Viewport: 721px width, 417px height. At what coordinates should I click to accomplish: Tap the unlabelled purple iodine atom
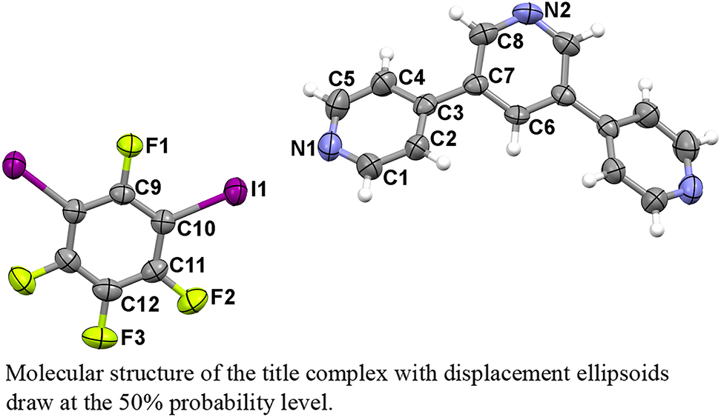[x=14, y=161]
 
